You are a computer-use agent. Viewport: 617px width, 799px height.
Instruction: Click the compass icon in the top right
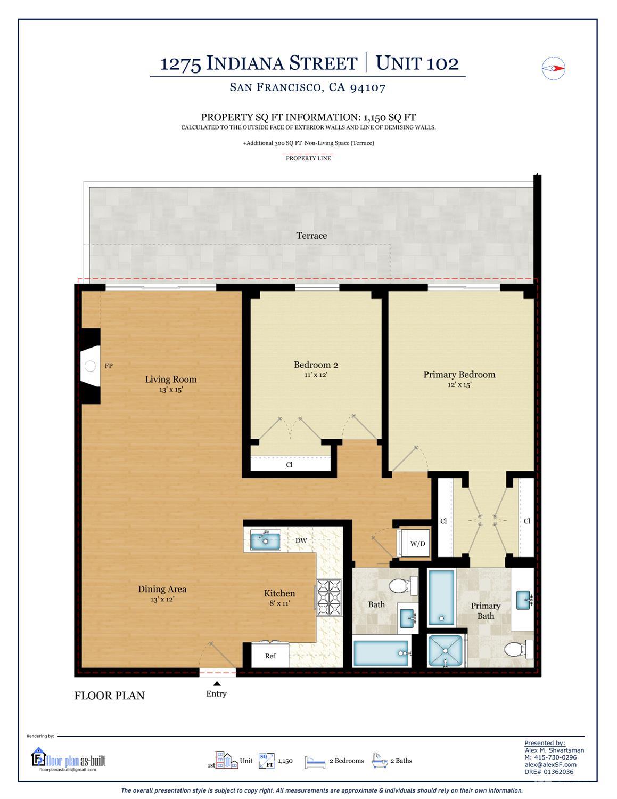pyautogui.click(x=553, y=68)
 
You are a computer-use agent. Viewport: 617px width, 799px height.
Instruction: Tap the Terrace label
pyautogui.click(x=311, y=236)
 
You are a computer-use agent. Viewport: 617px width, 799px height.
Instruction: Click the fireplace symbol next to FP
pyautogui.click(x=90, y=366)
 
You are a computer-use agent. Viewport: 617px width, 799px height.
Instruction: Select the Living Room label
pyautogui.click(x=171, y=380)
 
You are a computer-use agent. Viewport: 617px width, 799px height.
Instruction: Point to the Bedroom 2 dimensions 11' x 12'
pyautogui.click(x=315, y=375)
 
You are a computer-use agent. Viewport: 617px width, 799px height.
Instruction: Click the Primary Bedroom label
pyautogui.click(x=459, y=375)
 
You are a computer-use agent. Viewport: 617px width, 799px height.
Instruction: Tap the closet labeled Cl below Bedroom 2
pyautogui.click(x=290, y=464)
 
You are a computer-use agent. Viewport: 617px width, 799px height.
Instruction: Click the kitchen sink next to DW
pyautogui.click(x=266, y=540)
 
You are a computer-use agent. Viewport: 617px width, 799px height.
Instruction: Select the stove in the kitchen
pyautogui.click(x=330, y=597)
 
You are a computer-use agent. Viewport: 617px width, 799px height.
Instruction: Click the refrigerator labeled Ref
pyautogui.click(x=270, y=656)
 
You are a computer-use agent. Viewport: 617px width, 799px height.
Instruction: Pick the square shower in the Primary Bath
pyautogui.click(x=446, y=650)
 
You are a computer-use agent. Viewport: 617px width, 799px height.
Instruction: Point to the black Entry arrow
pyautogui.click(x=217, y=683)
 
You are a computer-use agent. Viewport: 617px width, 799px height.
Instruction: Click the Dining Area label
pyautogui.click(x=162, y=589)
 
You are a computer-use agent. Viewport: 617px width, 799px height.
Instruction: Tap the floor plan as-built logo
pyautogui.click(x=68, y=760)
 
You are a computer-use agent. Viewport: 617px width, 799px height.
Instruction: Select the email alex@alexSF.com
pyautogui.click(x=550, y=764)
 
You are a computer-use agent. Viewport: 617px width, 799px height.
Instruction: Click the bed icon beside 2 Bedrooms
pyautogui.click(x=315, y=762)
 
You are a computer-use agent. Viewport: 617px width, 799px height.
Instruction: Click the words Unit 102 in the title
pyautogui.click(x=417, y=63)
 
